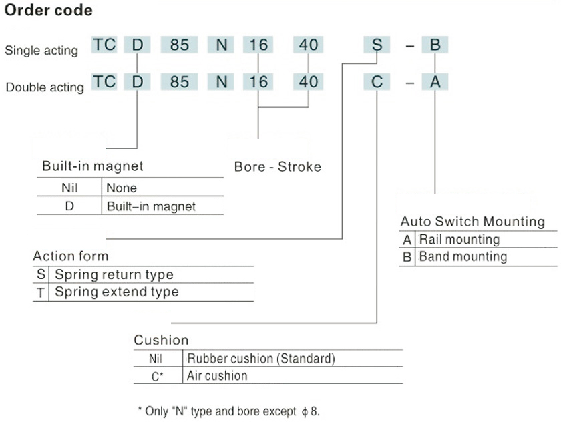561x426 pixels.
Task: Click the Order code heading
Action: [x=49, y=11]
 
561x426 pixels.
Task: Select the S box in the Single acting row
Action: [x=377, y=45]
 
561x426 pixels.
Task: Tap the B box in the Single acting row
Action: [x=435, y=45]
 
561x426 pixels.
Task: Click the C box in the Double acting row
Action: [x=377, y=82]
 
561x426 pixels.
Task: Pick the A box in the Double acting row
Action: [x=435, y=82]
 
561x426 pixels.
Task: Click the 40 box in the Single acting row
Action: [x=309, y=45]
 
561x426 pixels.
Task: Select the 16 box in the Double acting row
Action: [x=258, y=82]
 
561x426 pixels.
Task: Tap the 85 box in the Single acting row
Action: [x=180, y=45]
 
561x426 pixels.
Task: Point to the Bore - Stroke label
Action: [x=277, y=166]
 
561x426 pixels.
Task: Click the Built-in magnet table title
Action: [x=93, y=166]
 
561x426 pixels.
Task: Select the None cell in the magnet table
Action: [x=122, y=188]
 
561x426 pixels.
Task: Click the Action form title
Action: [x=70, y=256]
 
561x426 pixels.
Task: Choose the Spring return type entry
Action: [x=114, y=274]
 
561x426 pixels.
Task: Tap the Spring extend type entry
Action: [x=117, y=292]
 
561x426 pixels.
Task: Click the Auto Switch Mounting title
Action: [x=472, y=222]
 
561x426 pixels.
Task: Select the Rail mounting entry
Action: [x=459, y=239]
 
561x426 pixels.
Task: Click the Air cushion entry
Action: [x=217, y=375]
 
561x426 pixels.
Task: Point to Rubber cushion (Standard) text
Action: [x=260, y=359]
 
